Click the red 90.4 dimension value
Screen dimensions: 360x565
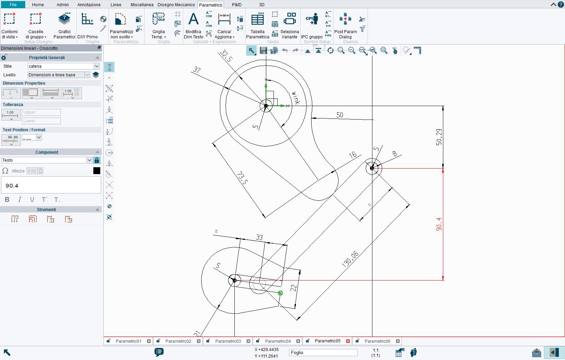coord(439,224)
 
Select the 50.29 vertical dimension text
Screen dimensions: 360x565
coord(439,137)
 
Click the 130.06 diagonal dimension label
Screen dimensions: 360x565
coord(350,259)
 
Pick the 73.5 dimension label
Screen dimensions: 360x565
coord(242,178)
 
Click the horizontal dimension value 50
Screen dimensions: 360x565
coord(340,115)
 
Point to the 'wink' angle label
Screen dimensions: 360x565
coord(296,98)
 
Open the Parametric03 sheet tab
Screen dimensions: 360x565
coord(228,341)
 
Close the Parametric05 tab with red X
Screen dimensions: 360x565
coord(348,341)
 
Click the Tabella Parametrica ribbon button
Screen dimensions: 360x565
coord(258,26)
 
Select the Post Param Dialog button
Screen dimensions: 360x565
coord(345,26)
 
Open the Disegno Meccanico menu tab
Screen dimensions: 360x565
coord(176,5)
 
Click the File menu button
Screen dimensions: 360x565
coord(13,5)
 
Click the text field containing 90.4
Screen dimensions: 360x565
coord(51,186)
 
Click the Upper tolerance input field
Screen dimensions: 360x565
coord(41,112)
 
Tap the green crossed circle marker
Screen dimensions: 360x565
coord(280,293)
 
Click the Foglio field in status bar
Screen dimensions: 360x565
coord(323,352)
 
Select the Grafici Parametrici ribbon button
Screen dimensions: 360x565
coord(64,26)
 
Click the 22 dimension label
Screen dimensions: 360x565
coord(293,287)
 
